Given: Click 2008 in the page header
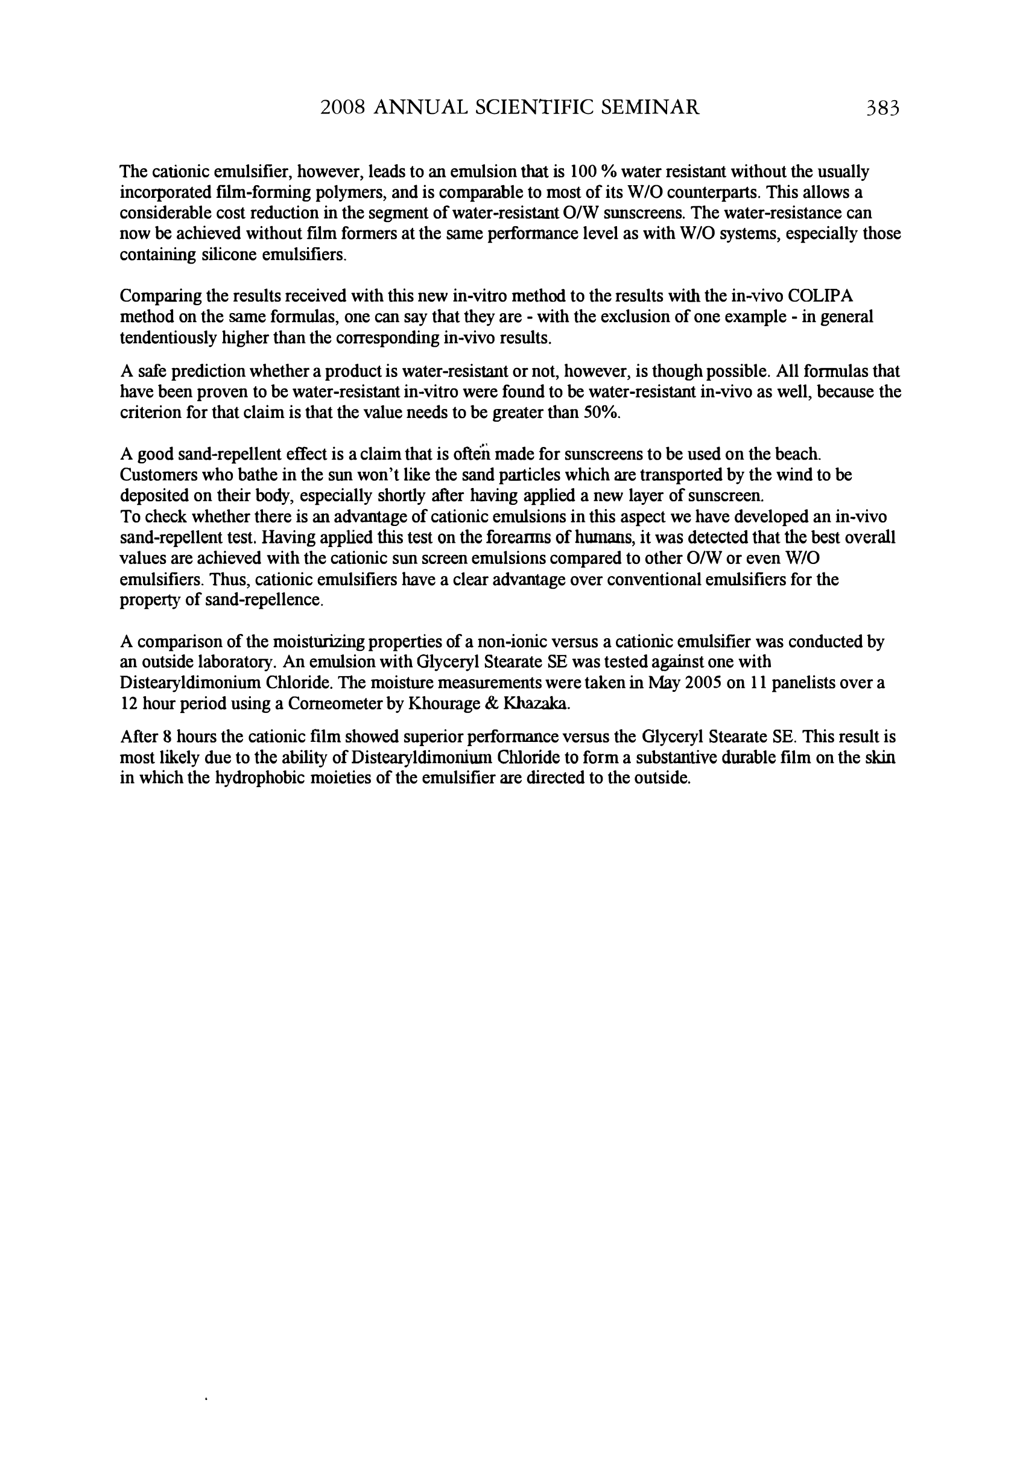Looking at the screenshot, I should coord(342,107).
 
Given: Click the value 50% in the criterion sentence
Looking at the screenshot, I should coord(601,412).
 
